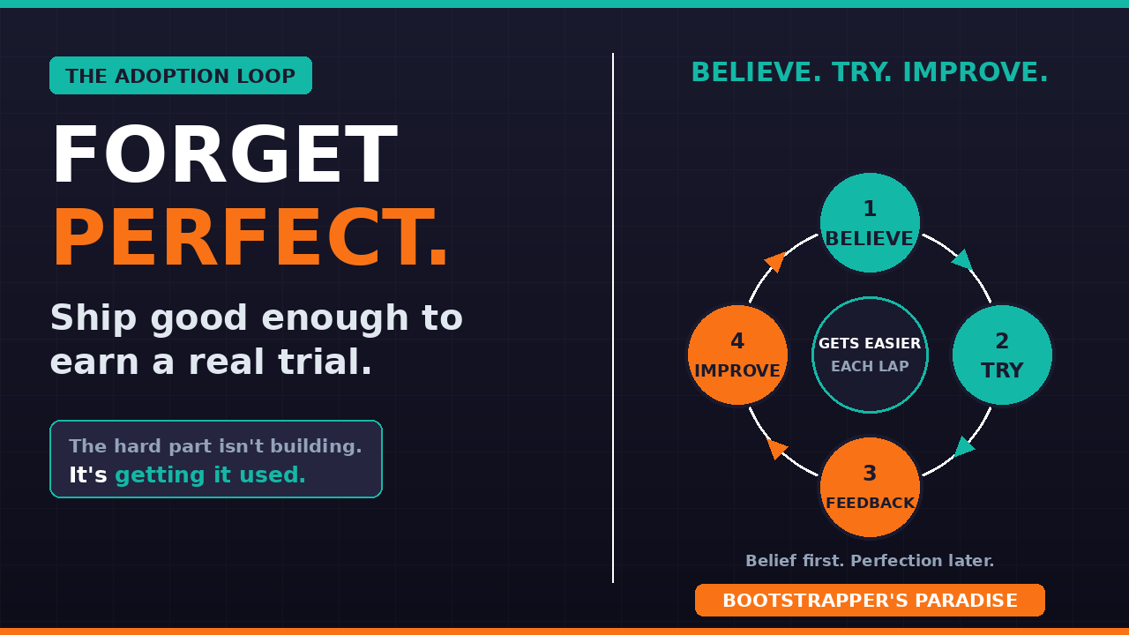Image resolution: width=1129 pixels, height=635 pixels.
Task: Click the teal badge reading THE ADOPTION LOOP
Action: [x=181, y=76]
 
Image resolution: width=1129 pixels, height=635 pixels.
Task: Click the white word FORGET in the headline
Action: [x=225, y=154]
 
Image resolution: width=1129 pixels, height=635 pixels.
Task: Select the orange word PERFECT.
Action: [x=250, y=237]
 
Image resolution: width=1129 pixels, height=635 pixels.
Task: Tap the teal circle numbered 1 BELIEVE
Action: [x=870, y=223]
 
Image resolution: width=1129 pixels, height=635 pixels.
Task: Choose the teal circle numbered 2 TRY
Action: [x=1002, y=355]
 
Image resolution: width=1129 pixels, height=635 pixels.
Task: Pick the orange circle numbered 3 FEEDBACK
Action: [x=870, y=488]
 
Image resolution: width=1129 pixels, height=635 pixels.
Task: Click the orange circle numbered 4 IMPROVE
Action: [x=737, y=355]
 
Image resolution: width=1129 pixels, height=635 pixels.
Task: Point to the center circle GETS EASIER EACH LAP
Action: [x=870, y=355]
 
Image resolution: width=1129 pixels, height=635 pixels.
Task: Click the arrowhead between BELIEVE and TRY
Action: [x=962, y=259]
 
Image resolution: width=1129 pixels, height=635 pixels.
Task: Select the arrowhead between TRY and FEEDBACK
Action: [x=964, y=447]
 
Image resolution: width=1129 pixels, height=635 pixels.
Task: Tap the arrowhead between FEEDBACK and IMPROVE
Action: [x=777, y=448]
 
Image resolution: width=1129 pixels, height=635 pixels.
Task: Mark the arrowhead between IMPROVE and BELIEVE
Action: [x=775, y=262]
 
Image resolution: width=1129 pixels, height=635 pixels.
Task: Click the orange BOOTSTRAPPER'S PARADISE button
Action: [x=870, y=601]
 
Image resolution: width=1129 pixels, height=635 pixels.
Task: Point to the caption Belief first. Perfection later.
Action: [x=870, y=560]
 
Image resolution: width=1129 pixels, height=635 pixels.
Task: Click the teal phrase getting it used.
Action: [x=210, y=475]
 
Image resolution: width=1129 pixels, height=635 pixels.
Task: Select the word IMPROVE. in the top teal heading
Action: [x=976, y=72]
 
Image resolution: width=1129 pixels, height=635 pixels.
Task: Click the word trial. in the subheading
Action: [x=325, y=362]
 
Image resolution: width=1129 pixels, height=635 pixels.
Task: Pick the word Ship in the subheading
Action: [x=93, y=318]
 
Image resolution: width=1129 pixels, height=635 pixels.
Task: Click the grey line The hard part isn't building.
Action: [x=216, y=446]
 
